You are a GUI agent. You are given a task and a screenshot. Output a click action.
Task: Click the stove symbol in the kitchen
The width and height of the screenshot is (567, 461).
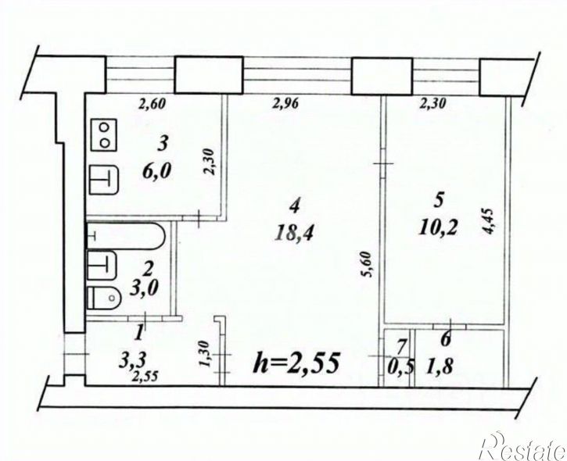click(x=104, y=134)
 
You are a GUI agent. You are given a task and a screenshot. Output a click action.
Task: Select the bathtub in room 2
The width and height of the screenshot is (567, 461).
click(x=125, y=236)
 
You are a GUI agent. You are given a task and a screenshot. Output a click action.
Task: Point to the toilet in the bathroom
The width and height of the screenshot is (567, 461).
click(x=104, y=298)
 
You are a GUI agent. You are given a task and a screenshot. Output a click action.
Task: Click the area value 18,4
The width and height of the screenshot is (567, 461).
click(x=294, y=232)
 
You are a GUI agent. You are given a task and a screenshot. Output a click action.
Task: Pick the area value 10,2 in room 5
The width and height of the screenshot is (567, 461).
click(x=438, y=227)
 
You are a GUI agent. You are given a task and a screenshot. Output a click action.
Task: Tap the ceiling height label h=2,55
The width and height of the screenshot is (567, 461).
click(x=296, y=363)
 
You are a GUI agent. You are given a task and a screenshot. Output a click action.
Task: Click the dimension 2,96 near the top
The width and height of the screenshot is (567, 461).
click(x=285, y=105)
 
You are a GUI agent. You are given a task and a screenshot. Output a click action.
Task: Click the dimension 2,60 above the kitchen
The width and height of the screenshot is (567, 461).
click(x=152, y=105)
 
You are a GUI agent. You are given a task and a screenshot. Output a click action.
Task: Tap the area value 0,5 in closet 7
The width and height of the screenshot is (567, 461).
click(x=400, y=369)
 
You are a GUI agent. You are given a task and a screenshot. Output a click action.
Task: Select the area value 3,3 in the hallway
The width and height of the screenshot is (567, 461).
click(x=132, y=360)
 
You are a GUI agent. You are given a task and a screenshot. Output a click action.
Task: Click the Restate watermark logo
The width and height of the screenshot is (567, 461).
click(x=524, y=447)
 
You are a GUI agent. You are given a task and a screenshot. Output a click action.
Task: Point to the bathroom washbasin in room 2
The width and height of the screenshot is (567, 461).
click(x=102, y=265)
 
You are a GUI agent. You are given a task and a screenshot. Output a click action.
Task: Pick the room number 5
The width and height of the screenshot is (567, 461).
click(x=439, y=201)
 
